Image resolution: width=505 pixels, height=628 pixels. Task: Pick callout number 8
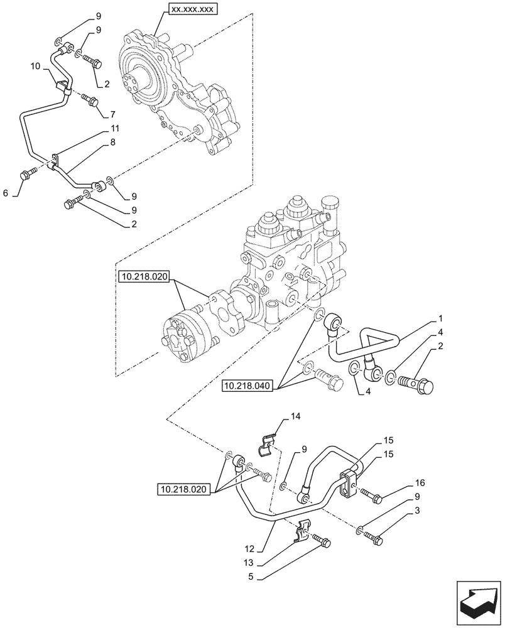coord(113,143)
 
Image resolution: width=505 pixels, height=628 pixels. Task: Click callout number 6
coord(6,194)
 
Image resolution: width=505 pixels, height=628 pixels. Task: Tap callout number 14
coord(295,416)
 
